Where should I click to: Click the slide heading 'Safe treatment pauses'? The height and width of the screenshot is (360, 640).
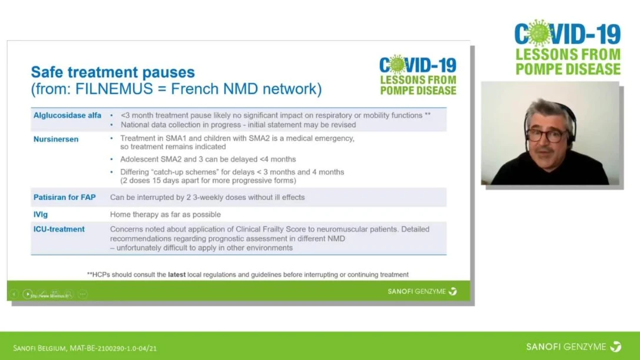coord(112,72)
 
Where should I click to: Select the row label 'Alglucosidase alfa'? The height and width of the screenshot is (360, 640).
coord(67,115)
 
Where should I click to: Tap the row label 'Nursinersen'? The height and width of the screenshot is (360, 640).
coord(56,139)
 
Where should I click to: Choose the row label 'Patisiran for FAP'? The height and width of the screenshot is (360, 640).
coord(64,197)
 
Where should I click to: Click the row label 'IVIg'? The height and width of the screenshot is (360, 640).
coord(41,215)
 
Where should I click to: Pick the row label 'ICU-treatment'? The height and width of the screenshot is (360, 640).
coord(59,229)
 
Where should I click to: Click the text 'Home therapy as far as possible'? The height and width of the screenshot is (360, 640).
coord(165,215)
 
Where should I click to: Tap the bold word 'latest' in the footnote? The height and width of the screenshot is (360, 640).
coord(176,275)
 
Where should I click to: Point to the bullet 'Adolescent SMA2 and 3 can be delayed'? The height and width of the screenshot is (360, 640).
coord(208,159)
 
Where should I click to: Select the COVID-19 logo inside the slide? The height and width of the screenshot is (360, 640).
coord(418,75)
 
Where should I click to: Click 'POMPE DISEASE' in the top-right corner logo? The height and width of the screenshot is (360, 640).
coord(568,69)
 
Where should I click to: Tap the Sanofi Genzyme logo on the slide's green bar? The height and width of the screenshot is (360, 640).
coord(422,291)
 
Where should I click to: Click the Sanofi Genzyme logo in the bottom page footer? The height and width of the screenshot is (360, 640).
coord(574,347)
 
